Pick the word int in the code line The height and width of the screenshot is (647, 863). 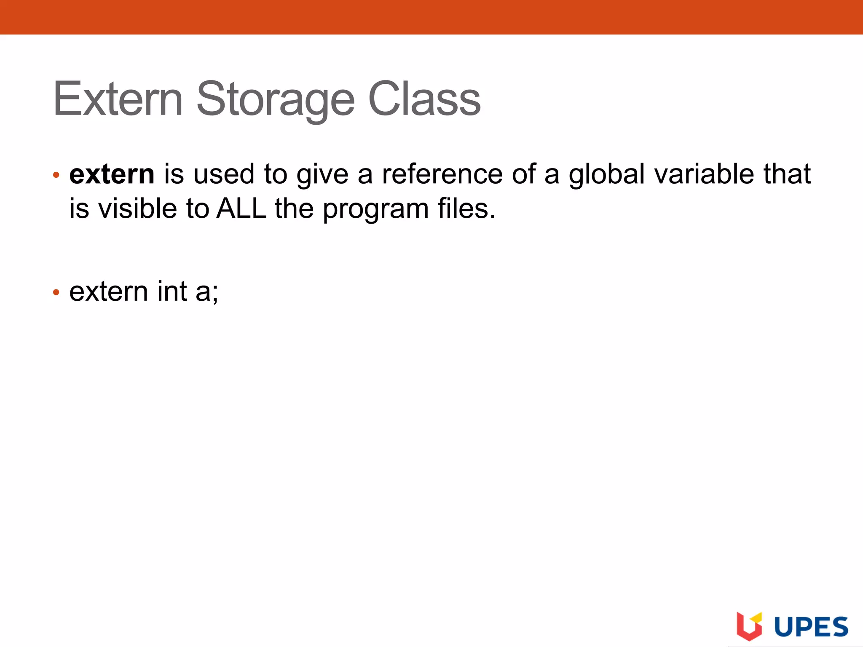click(172, 291)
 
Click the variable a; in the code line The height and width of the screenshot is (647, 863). click(207, 292)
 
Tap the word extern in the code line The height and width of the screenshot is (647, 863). click(108, 291)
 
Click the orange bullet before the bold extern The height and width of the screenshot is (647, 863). click(56, 175)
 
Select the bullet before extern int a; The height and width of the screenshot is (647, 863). click(56, 292)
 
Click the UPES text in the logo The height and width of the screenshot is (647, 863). click(811, 626)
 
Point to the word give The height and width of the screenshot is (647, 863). click(322, 175)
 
